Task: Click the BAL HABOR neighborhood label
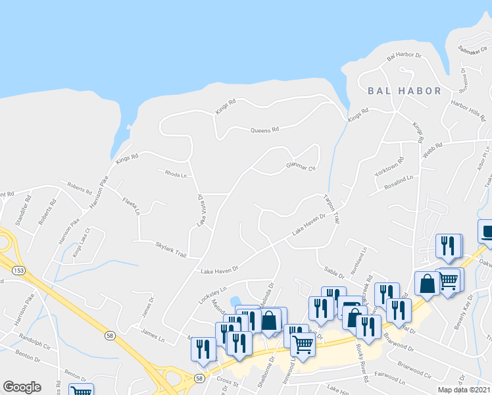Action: click(x=404, y=91)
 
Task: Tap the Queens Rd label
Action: click(x=264, y=130)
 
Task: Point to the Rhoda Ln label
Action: click(x=176, y=175)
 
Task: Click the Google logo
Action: click(x=22, y=387)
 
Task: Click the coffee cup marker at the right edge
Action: click(x=487, y=232)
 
